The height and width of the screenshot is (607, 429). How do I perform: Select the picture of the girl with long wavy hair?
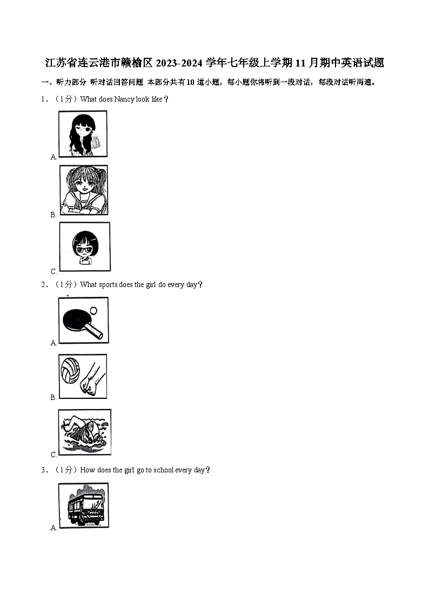pyautogui.click(x=83, y=134)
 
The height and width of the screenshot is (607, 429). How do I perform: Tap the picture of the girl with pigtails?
pyautogui.click(x=84, y=190)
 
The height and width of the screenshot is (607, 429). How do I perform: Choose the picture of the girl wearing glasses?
pyautogui.click(x=85, y=246)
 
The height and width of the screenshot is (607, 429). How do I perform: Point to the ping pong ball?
pyautogui.click(x=93, y=310)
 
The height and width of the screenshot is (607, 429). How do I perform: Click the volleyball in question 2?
pyautogui.click(x=70, y=370)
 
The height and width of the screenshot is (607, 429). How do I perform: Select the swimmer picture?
pyautogui.click(x=85, y=432)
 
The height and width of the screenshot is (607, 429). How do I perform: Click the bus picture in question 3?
pyautogui.click(x=84, y=505)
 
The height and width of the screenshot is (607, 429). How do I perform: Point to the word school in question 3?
pyautogui.click(x=163, y=470)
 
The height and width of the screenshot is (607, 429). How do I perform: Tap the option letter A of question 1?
pyautogui.click(x=53, y=157)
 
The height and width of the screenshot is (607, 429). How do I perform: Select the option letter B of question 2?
pyautogui.click(x=53, y=398)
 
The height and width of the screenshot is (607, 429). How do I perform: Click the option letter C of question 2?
pyautogui.click(x=53, y=455)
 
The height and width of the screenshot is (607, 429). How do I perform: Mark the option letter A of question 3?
pyautogui.click(x=53, y=528)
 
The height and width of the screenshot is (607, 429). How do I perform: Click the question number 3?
pyautogui.click(x=43, y=470)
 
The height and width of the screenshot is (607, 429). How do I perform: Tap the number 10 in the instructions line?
pyautogui.click(x=190, y=82)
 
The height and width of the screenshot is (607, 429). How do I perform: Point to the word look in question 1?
pyautogui.click(x=142, y=99)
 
